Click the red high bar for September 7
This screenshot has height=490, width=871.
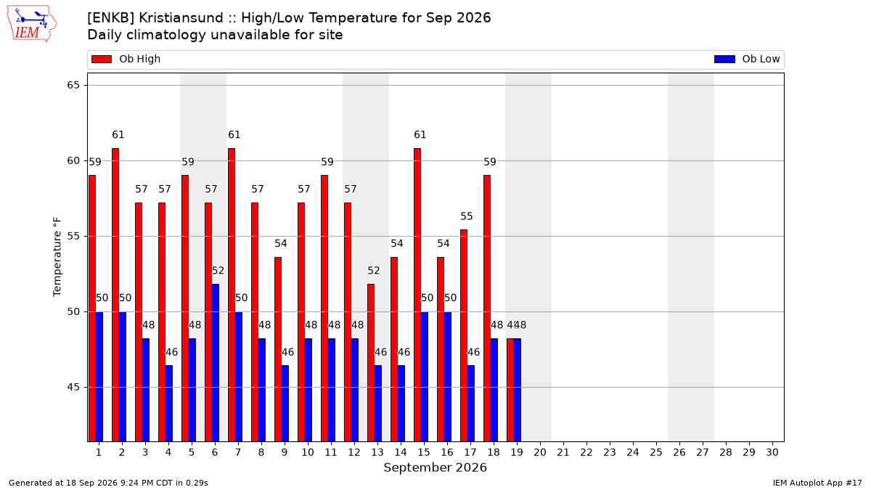tap(232, 295)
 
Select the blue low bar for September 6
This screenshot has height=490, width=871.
tap(215, 363)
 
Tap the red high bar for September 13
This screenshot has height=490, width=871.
tap(371, 363)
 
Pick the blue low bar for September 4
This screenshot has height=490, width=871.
tap(168, 404)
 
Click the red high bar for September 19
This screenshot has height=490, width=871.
tap(510, 390)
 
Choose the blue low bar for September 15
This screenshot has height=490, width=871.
tap(424, 377)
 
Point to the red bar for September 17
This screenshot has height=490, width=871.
tap(464, 335)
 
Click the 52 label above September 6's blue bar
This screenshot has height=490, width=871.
tap(218, 271)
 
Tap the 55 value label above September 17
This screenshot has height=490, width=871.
tap(467, 216)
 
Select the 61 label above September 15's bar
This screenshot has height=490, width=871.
tap(420, 134)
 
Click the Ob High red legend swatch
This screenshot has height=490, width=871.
tap(102, 59)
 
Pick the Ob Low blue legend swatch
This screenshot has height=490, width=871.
tap(724, 59)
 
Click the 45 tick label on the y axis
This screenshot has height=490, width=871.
tap(73, 388)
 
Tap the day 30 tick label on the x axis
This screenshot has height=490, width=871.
tap(772, 452)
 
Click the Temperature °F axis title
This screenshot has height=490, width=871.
tap(57, 257)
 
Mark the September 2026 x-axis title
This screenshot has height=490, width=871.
tap(435, 467)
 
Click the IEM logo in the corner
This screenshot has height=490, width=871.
tap(31, 24)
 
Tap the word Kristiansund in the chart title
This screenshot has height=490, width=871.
tap(181, 18)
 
